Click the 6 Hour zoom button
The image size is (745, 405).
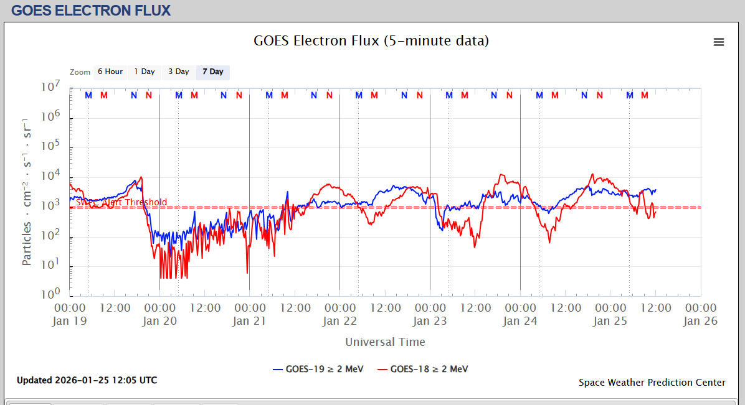(110, 72)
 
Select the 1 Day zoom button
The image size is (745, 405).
(145, 72)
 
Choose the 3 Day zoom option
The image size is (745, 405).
(179, 72)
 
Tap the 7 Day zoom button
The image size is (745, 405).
(213, 72)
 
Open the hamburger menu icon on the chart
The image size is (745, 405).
(719, 42)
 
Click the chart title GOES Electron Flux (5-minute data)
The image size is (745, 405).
(371, 41)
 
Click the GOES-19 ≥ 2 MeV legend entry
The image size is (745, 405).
(318, 369)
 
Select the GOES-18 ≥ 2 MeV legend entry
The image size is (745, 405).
(422, 369)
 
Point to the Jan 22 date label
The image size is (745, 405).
(339, 321)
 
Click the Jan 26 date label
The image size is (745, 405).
(701, 321)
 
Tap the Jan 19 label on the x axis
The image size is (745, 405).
(70, 321)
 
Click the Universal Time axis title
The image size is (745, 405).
(385, 342)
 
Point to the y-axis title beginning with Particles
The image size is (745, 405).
(27, 191)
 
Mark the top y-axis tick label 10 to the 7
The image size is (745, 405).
(50, 88)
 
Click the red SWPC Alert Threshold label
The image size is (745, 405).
(121, 202)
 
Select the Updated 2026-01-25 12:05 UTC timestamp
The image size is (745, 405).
(87, 380)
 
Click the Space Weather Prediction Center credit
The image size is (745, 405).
(652, 383)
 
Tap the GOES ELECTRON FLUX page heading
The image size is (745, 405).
(91, 10)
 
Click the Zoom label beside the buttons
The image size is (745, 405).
(80, 72)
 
